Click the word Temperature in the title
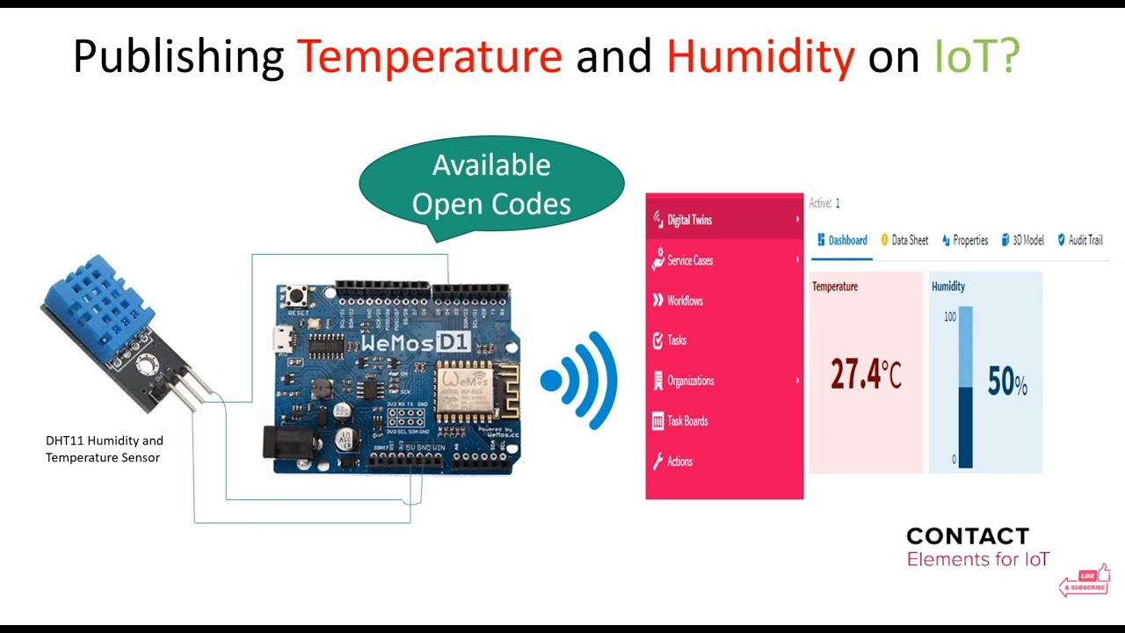coord(429,57)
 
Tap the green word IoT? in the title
coord(976,57)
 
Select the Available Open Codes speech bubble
coord(491,185)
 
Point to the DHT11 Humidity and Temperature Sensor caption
coord(104,448)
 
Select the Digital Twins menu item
coord(689,220)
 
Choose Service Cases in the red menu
coord(690,260)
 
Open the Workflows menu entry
coord(685,301)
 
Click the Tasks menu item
coord(677,340)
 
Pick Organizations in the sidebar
coord(690,381)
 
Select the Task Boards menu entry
coord(687,421)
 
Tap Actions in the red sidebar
coord(679,462)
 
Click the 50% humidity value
coord(1007,382)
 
